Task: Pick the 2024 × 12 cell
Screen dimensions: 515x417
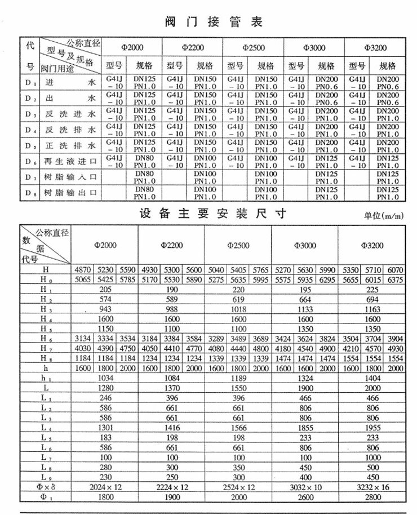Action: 105,485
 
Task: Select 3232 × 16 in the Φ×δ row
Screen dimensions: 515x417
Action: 374,485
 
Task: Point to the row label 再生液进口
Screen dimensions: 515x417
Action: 69,162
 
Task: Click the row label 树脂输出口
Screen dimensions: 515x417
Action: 69,193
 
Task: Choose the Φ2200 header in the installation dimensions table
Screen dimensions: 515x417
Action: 171,246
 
